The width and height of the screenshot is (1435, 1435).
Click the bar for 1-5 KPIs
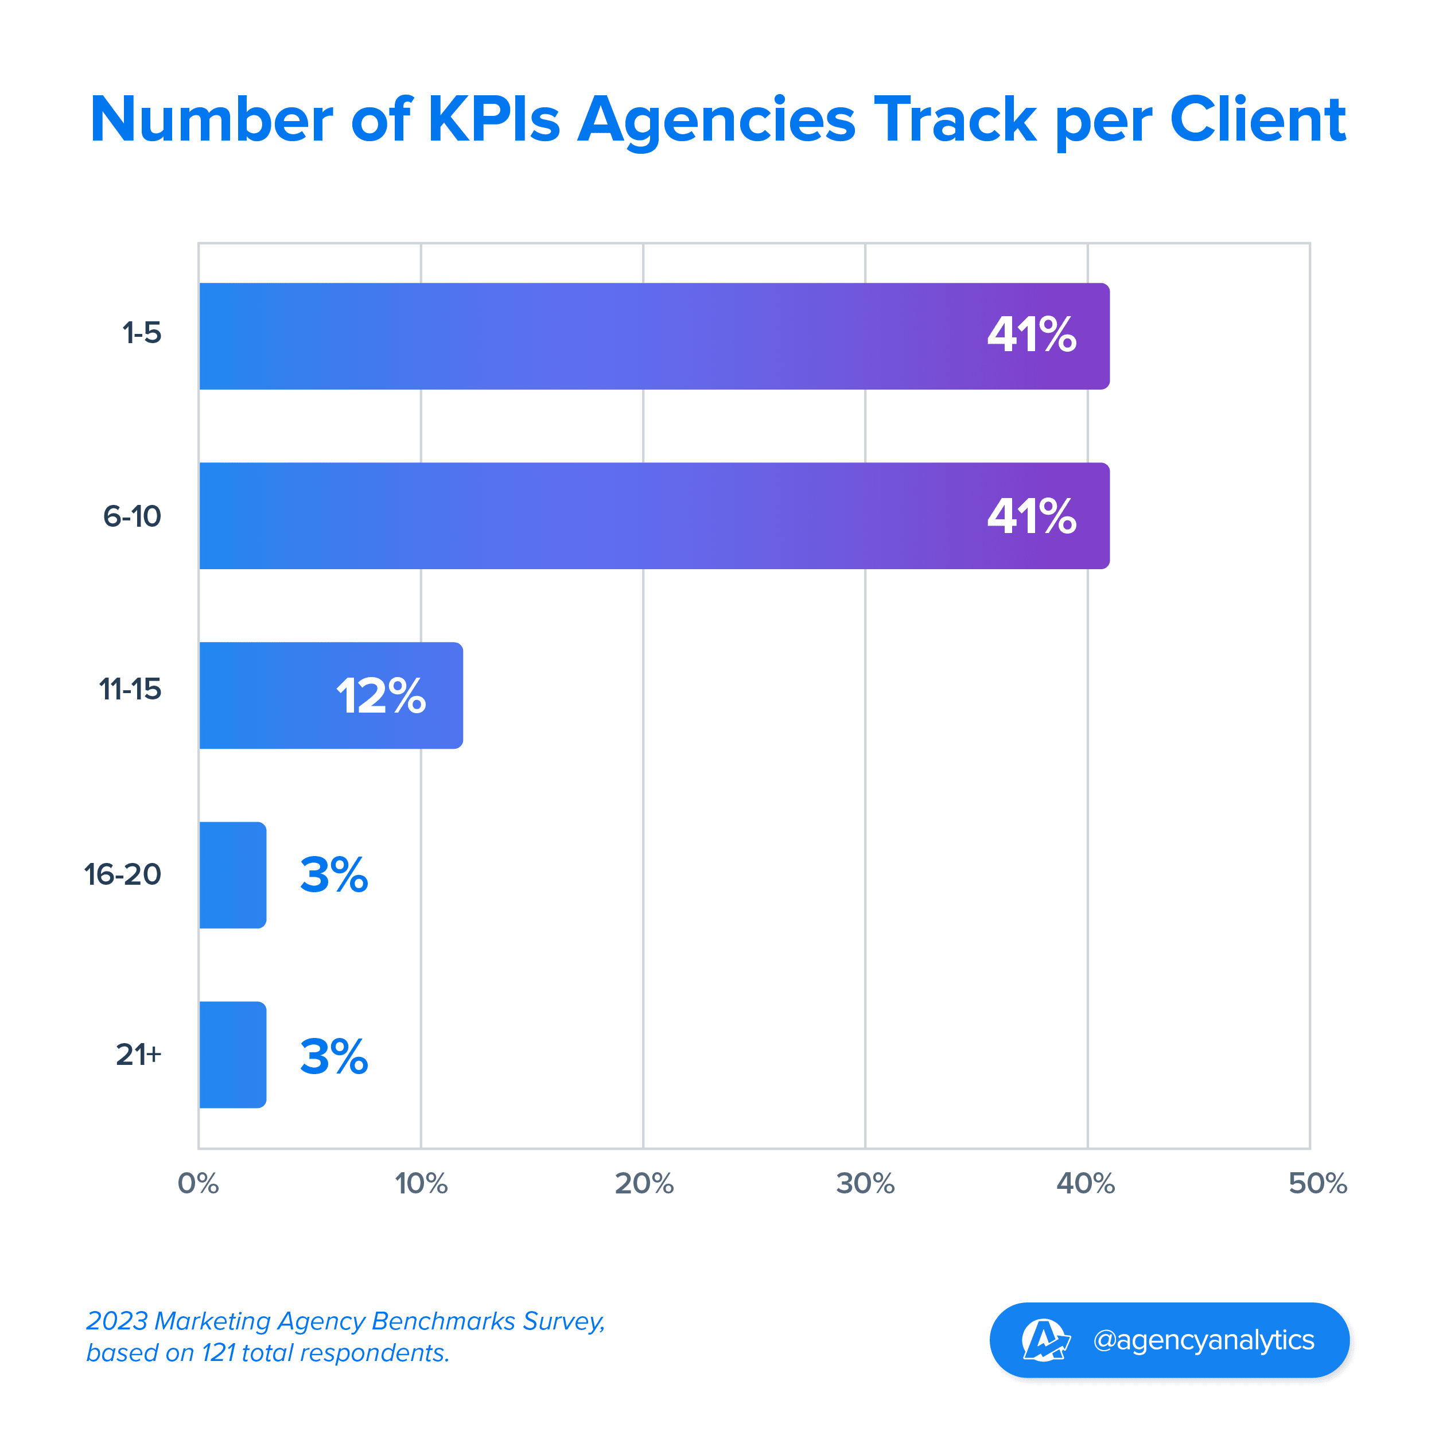click(x=654, y=336)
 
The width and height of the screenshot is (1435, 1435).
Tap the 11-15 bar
click(x=330, y=695)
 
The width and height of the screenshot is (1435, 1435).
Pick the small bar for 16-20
click(x=232, y=875)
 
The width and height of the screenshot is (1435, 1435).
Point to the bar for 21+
click(x=232, y=1055)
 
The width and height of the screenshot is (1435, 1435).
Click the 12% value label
click(x=381, y=696)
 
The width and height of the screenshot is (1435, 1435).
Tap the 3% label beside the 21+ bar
click(x=333, y=1056)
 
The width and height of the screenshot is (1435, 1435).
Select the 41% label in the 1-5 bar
click(x=1032, y=335)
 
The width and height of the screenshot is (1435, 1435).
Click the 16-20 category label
click(x=123, y=874)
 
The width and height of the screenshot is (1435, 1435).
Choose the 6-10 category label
click(x=132, y=516)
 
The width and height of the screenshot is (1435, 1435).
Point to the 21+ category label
click(x=138, y=1054)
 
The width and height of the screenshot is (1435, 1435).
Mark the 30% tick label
click(x=865, y=1183)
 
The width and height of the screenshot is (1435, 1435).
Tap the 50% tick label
click(x=1317, y=1183)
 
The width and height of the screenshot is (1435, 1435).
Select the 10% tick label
click(x=421, y=1183)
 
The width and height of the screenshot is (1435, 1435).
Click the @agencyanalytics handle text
click(x=1203, y=1340)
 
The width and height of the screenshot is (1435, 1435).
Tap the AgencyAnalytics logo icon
click(x=1045, y=1340)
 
